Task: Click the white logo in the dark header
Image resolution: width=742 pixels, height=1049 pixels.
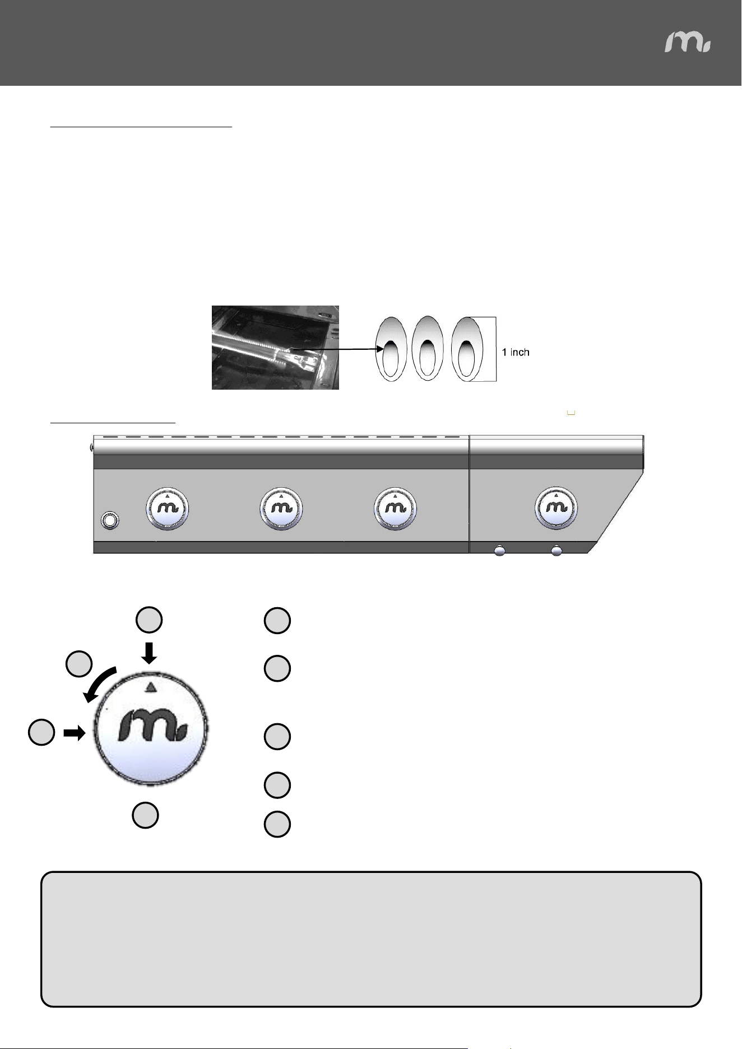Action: point(688,42)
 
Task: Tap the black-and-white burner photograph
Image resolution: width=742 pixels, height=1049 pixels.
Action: point(275,348)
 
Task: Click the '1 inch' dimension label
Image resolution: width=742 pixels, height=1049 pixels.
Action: point(516,352)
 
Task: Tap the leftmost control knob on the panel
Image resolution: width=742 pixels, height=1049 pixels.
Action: point(168,509)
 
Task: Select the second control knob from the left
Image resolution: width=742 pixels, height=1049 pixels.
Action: point(281,509)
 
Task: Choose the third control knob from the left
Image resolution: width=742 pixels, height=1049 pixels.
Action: point(395,509)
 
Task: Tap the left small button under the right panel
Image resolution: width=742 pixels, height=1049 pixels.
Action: point(499,551)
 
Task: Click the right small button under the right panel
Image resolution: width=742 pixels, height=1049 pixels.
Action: point(556,551)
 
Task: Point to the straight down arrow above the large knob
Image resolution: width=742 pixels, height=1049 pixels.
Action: point(149,653)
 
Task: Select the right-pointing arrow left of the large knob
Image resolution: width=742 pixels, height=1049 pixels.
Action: point(73,733)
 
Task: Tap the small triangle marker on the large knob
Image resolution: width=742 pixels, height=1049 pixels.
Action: point(149,687)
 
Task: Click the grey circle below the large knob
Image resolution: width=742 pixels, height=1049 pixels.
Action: point(145,815)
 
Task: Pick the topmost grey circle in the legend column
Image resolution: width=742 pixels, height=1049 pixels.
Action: point(277,621)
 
